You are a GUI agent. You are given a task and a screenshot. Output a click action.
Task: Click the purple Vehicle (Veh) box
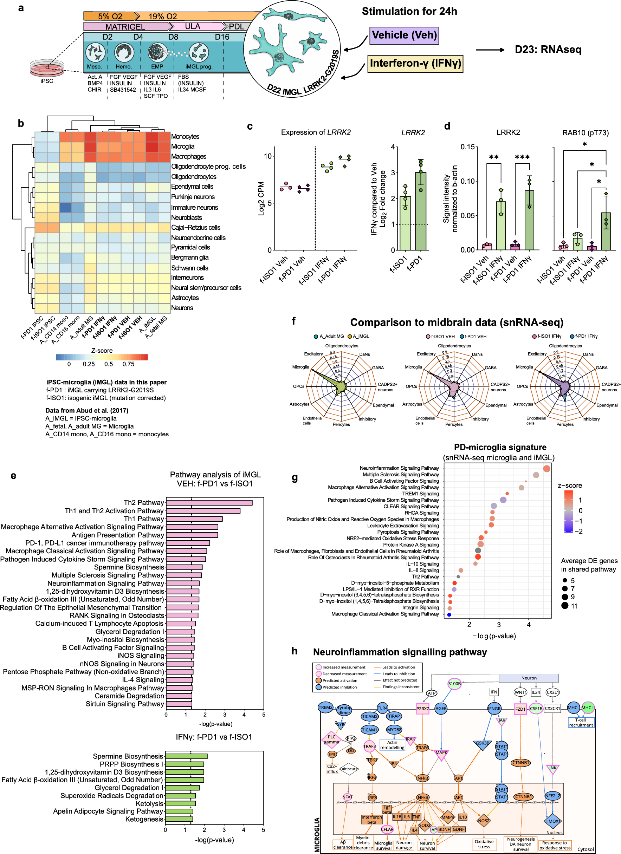404,35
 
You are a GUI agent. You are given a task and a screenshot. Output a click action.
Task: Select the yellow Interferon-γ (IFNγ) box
415,63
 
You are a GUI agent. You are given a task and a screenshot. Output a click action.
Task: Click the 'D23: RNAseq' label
548,50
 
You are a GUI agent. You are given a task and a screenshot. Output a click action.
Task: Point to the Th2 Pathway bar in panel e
209,503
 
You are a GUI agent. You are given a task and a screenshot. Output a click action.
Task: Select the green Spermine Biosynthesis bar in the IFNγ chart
186,756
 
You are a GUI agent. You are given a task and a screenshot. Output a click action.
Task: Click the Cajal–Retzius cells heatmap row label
195,227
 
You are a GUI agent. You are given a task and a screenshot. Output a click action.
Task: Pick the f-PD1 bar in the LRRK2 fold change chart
421,211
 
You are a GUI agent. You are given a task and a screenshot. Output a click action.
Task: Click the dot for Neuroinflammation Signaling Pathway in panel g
547,468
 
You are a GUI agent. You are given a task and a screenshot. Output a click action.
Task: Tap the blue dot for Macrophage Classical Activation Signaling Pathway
449,614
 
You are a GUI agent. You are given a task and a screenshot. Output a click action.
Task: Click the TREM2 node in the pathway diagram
325,708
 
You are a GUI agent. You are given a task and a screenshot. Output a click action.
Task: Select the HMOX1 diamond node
552,821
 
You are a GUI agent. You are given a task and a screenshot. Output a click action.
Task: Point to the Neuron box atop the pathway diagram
528,678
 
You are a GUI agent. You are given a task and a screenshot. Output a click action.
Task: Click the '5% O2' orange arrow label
110,16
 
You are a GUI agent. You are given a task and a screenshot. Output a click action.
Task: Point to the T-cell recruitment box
581,722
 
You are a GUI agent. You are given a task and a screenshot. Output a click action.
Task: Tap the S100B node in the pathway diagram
454,683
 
